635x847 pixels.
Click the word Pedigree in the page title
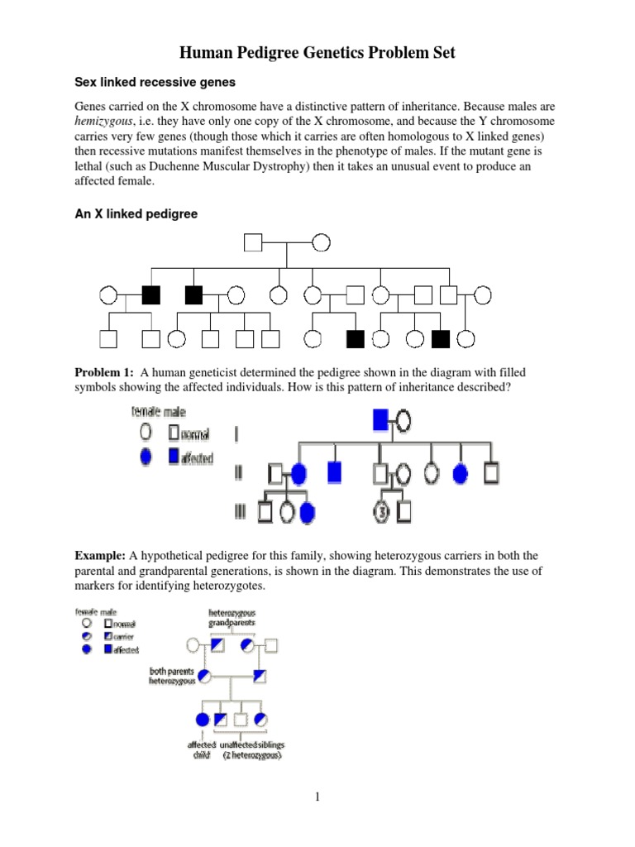tap(282, 54)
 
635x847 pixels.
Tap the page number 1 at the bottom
tap(317, 797)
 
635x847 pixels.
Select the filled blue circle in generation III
tap(308, 512)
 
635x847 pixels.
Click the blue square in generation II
tap(334, 473)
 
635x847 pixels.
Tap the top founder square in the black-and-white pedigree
tap(253, 242)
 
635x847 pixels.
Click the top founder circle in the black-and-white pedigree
tap(321, 242)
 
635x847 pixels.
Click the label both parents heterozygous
tap(173, 675)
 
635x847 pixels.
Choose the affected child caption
tap(202, 749)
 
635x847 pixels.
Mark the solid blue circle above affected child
tap(203, 719)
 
